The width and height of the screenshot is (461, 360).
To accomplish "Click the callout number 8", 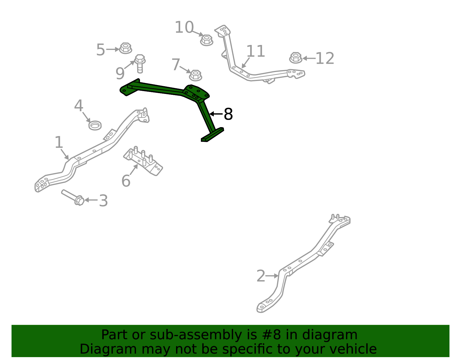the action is tap(228, 114).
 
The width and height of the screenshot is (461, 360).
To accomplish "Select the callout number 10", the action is tap(184, 27).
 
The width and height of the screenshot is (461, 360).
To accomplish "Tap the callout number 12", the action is tap(325, 58).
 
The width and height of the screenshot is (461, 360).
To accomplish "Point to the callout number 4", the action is tap(78, 105).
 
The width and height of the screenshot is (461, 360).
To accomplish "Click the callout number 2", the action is tap(261, 276).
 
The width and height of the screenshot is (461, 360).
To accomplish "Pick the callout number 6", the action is tap(126, 181).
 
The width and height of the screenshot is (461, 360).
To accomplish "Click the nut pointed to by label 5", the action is tap(125, 48).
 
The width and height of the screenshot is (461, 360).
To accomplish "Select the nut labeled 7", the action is tap(195, 75).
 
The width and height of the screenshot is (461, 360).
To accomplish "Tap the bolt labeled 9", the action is tap(140, 64).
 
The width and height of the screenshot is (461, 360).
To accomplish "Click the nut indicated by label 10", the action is tap(207, 40).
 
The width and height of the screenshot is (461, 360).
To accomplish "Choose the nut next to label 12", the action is tap(296, 58).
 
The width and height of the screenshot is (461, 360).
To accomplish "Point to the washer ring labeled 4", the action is tap(95, 125).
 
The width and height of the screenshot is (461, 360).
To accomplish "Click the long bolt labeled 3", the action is tap(73, 197).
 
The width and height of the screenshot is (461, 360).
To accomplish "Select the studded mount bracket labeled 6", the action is tap(143, 161).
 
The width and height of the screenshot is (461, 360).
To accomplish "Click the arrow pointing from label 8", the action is tap(216, 114).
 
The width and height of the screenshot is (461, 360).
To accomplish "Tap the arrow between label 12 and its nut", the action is tap(309, 58).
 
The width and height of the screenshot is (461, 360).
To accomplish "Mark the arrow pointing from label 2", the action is tap(272, 276).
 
